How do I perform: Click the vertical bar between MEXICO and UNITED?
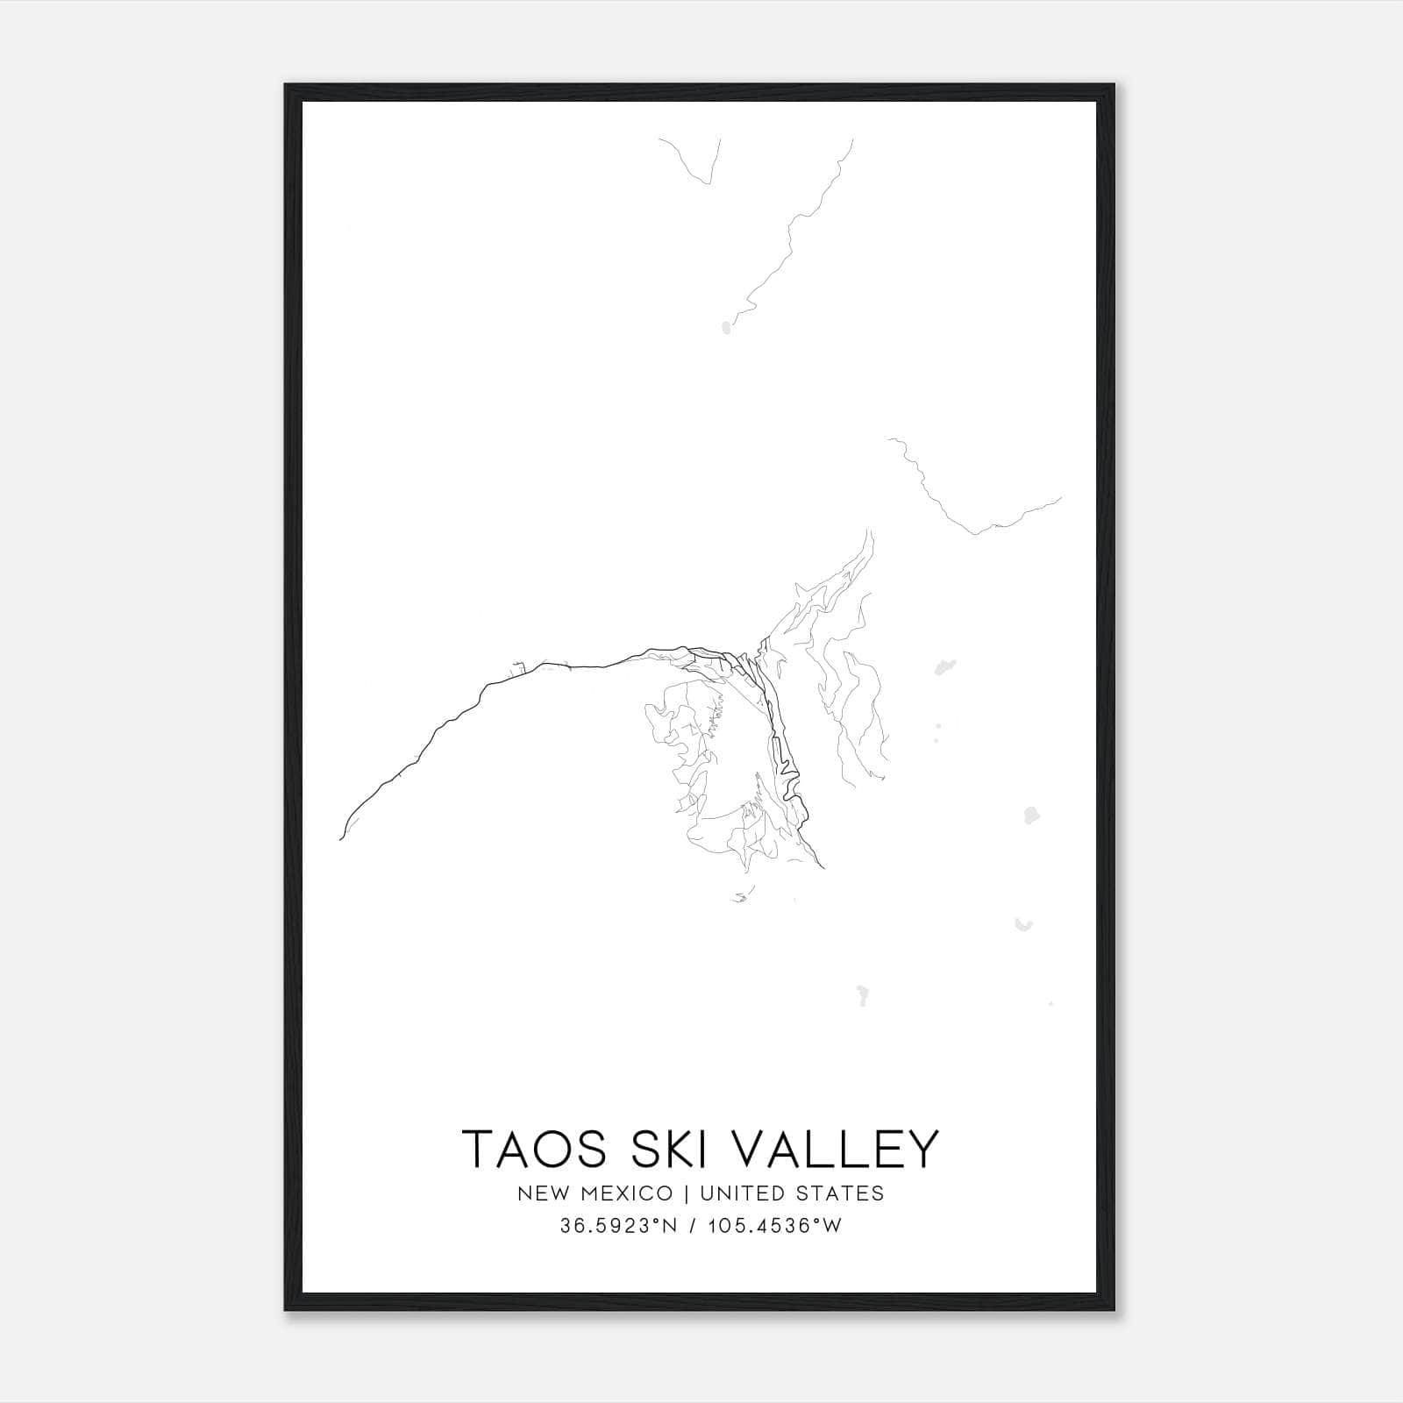[687, 1193]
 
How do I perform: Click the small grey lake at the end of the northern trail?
[725, 329]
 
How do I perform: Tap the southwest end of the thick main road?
[340, 838]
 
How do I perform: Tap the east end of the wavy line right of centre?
[1060, 499]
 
